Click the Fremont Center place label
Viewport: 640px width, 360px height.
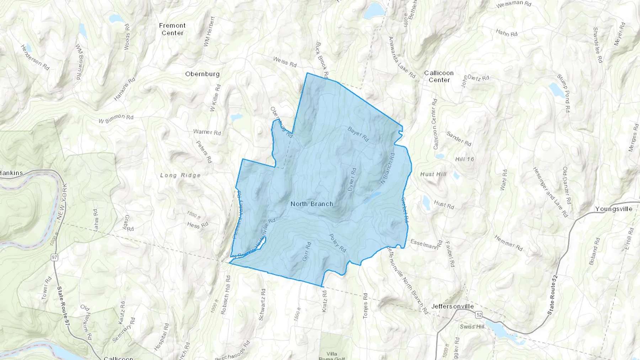pos(172,29)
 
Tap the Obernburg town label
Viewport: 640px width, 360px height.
pos(202,74)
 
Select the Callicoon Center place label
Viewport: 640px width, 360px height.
pos(439,76)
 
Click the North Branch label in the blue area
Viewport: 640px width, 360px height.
pos(312,204)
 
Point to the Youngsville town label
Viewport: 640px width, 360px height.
pos(614,209)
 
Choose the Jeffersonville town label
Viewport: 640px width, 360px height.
pos(452,306)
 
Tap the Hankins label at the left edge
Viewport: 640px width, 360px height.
pos(11,173)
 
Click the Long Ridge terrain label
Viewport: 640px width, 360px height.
pos(180,175)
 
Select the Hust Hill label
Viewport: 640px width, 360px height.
pos(433,174)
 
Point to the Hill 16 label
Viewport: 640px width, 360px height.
pos(465,159)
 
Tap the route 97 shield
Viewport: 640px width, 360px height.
pos(54,257)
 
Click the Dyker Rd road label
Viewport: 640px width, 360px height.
pos(352,180)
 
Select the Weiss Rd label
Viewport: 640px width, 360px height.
pos(285,62)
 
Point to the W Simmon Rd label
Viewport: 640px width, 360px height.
pos(116,119)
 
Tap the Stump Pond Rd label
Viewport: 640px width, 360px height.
pos(563,94)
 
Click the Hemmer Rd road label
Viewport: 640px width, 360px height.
pos(508,243)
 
